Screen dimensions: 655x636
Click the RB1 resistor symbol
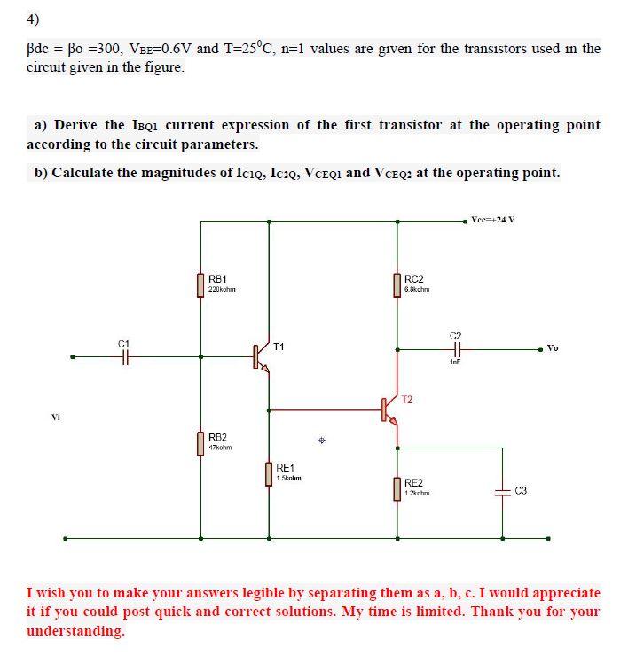coord(200,285)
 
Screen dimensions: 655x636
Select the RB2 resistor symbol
coord(200,442)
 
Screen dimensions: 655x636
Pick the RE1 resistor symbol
coord(268,473)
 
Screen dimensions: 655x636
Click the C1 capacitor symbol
coord(125,356)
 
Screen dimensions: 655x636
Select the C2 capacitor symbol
coord(456,349)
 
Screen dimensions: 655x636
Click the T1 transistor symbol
coord(260,356)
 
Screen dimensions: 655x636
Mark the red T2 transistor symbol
coord(389,409)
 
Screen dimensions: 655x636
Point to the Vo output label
coord(553,348)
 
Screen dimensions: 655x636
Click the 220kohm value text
coord(221,290)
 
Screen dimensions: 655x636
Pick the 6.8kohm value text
coord(416,290)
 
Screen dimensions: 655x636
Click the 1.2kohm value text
coord(416,493)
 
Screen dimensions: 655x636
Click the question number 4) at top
coord(34,19)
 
